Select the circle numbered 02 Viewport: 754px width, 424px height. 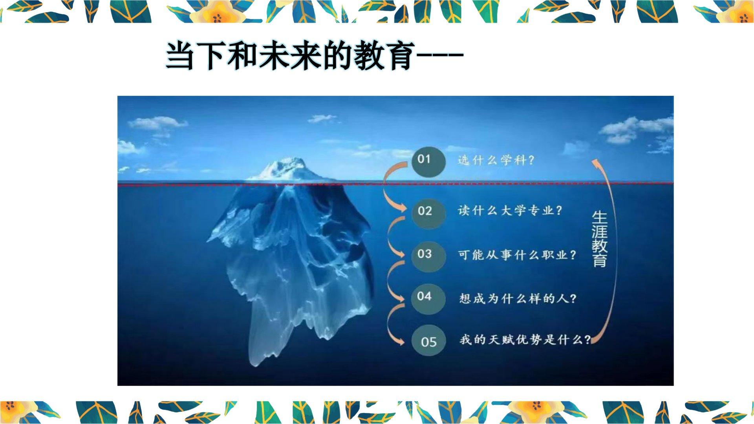coord(428,212)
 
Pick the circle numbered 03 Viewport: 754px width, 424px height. coord(428,255)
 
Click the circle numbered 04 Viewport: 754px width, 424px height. coord(428,298)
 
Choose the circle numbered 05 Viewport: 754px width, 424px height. coord(428,341)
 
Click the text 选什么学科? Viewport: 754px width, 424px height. coord(496,160)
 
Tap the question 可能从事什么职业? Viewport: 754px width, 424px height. coord(518,255)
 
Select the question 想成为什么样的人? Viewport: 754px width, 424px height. coord(518,299)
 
